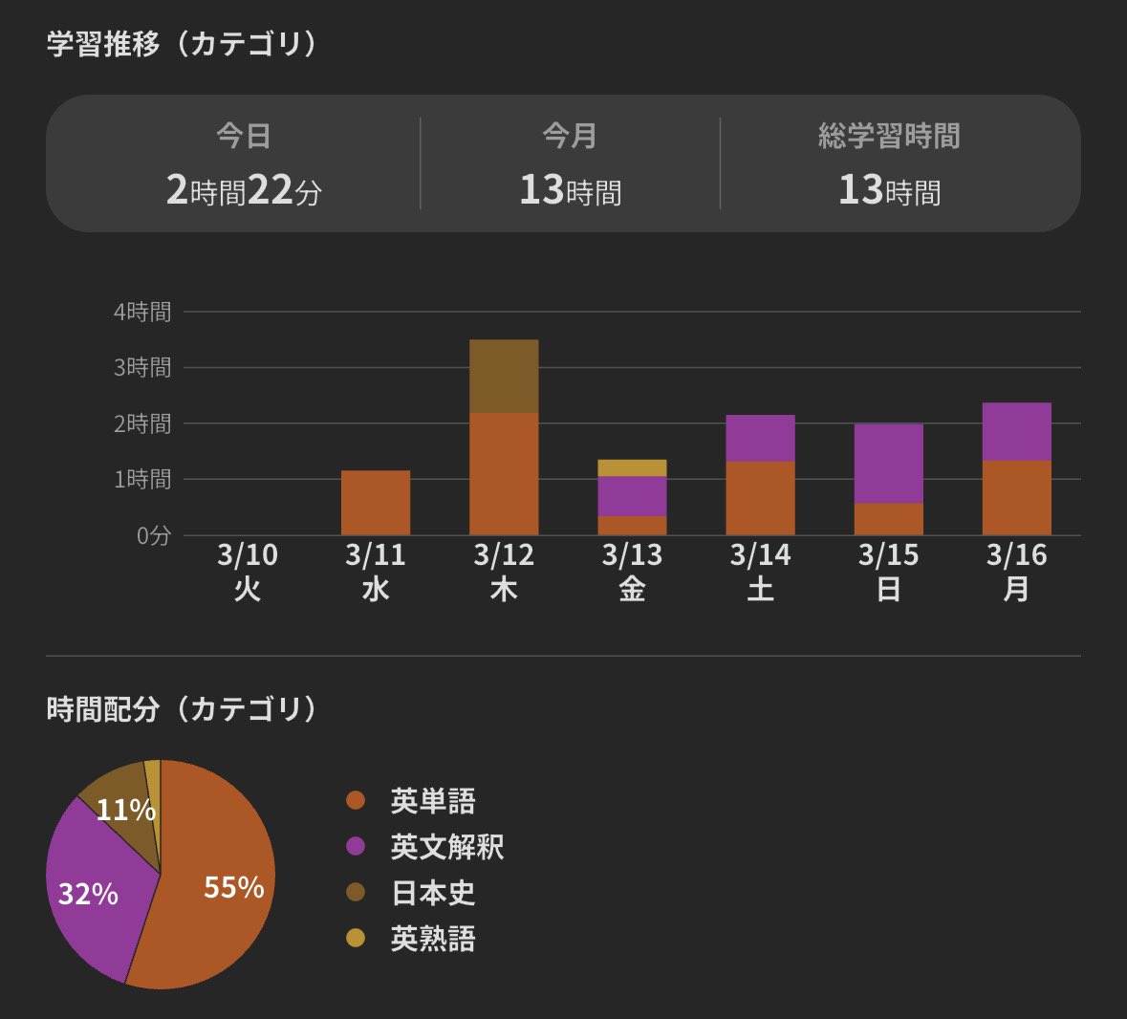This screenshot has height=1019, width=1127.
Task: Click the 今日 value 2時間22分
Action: click(x=244, y=190)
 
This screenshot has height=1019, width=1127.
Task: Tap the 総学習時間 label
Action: click(x=889, y=137)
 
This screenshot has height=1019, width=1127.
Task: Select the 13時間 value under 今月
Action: click(x=570, y=190)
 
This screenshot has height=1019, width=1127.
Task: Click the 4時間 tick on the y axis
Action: click(x=142, y=312)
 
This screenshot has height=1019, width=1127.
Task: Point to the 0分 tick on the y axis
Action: click(x=153, y=535)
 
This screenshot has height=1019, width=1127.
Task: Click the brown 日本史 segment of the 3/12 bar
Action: click(x=504, y=376)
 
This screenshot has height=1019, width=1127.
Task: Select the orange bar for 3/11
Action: click(x=376, y=503)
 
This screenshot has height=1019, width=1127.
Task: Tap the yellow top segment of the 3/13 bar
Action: click(x=632, y=467)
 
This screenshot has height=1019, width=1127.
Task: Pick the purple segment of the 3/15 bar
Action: click(x=888, y=464)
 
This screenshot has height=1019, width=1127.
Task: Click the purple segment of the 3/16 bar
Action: click(x=1016, y=432)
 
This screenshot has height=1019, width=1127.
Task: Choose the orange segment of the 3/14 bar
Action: click(x=760, y=498)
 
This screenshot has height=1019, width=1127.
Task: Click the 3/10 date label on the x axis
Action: click(x=248, y=555)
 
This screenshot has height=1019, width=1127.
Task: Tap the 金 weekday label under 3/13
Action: click(x=632, y=589)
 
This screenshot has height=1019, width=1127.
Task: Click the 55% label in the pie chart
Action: click(x=233, y=887)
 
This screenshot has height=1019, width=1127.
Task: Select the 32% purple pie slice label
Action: click(x=88, y=894)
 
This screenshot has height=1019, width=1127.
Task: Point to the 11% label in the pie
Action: click(x=125, y=811)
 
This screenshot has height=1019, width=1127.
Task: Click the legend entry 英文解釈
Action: click(x=446, y=847)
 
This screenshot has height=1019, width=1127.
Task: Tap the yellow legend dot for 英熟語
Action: click(x=356, y=939)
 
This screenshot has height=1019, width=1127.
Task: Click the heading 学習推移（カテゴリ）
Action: click(x=183, y=44)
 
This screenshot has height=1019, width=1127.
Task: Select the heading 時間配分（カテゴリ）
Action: click(x=183, y=709)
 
